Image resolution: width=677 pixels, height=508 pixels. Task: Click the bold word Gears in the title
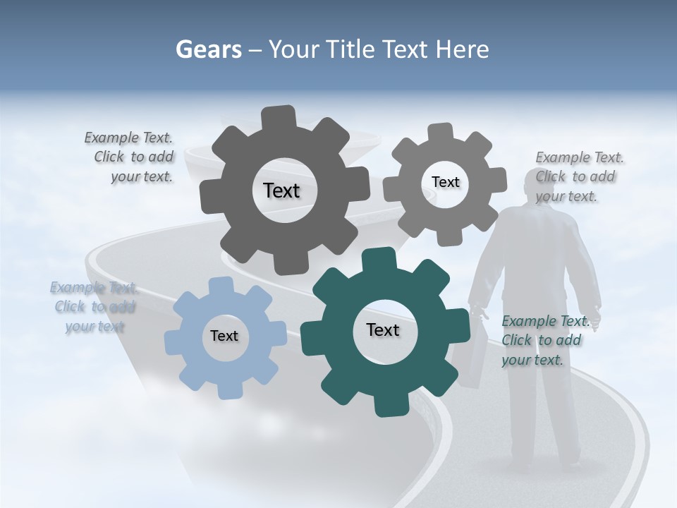[208, 49]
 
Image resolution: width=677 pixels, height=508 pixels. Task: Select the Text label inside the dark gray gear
[281, 190]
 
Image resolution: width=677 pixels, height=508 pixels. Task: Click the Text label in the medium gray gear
[445, 182]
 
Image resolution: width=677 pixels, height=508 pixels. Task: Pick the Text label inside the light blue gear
[224, 336]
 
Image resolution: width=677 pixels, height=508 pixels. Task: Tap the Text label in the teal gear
[383, 329]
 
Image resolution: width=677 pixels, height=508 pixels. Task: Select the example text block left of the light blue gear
[94, 307]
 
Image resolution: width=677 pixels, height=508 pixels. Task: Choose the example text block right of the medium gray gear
[578, 176]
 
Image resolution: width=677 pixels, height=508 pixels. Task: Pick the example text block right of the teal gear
[544, 340]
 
